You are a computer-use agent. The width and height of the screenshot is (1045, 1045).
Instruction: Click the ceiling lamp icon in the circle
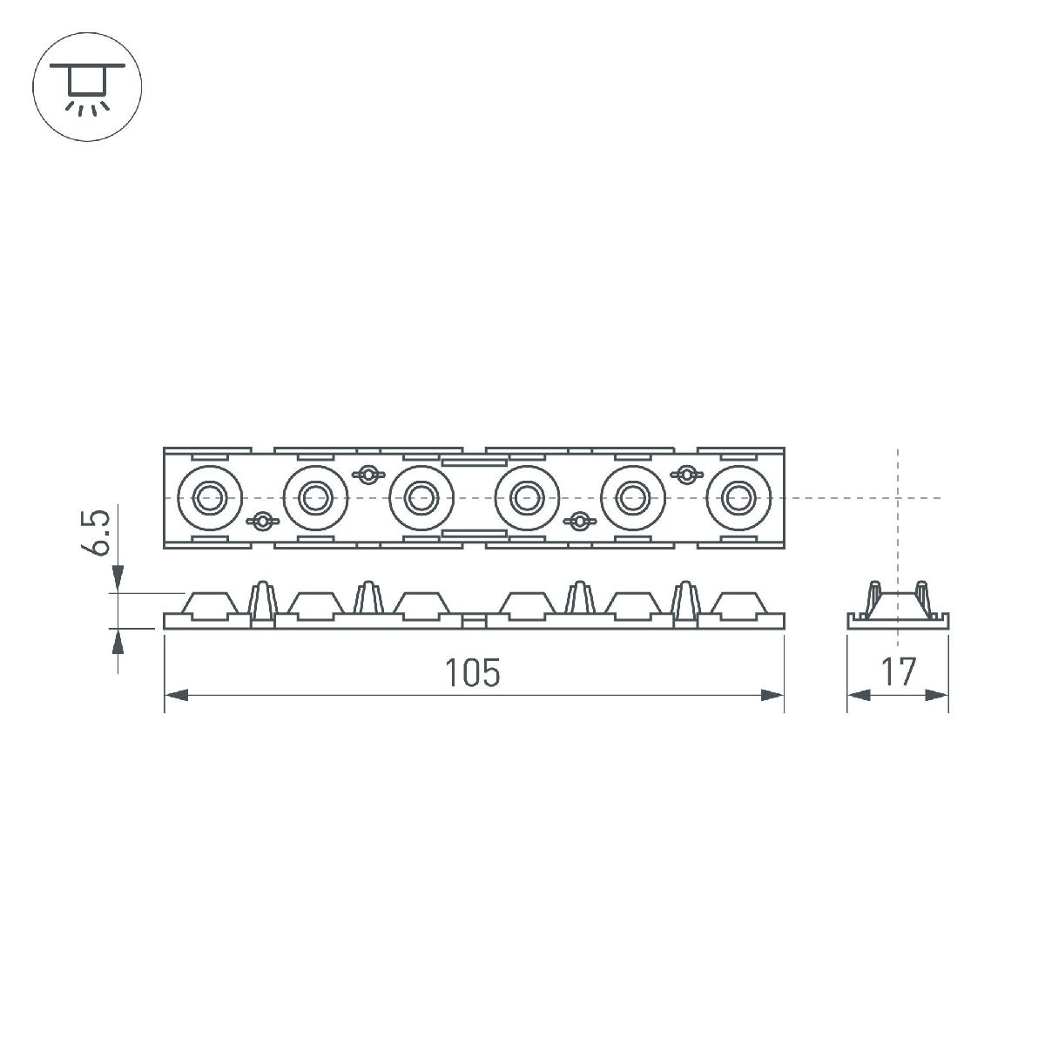(x=86, y=86)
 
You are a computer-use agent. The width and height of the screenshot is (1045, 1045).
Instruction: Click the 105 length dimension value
(x=474, y=672)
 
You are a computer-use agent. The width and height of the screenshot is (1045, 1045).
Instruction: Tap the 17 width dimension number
(x=898, y=672)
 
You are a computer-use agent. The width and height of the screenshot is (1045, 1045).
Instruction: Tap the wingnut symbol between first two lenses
(x=260, y=522)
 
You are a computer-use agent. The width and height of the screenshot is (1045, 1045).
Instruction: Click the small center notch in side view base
(x=474, y=621)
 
